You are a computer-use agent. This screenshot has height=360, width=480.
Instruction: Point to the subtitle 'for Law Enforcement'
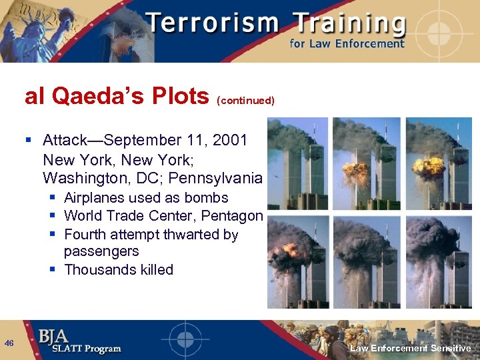tap(347, 44)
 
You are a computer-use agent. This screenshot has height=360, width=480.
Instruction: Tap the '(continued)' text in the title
tap(245, 101)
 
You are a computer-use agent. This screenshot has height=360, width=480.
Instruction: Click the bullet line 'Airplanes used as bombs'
tap(146, 198)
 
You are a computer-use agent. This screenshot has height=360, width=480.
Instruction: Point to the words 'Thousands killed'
tap(118, 270)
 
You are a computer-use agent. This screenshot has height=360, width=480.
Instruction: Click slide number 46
tap(9, 343)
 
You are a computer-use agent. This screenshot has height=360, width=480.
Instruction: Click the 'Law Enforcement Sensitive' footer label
tap(411, 349)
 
